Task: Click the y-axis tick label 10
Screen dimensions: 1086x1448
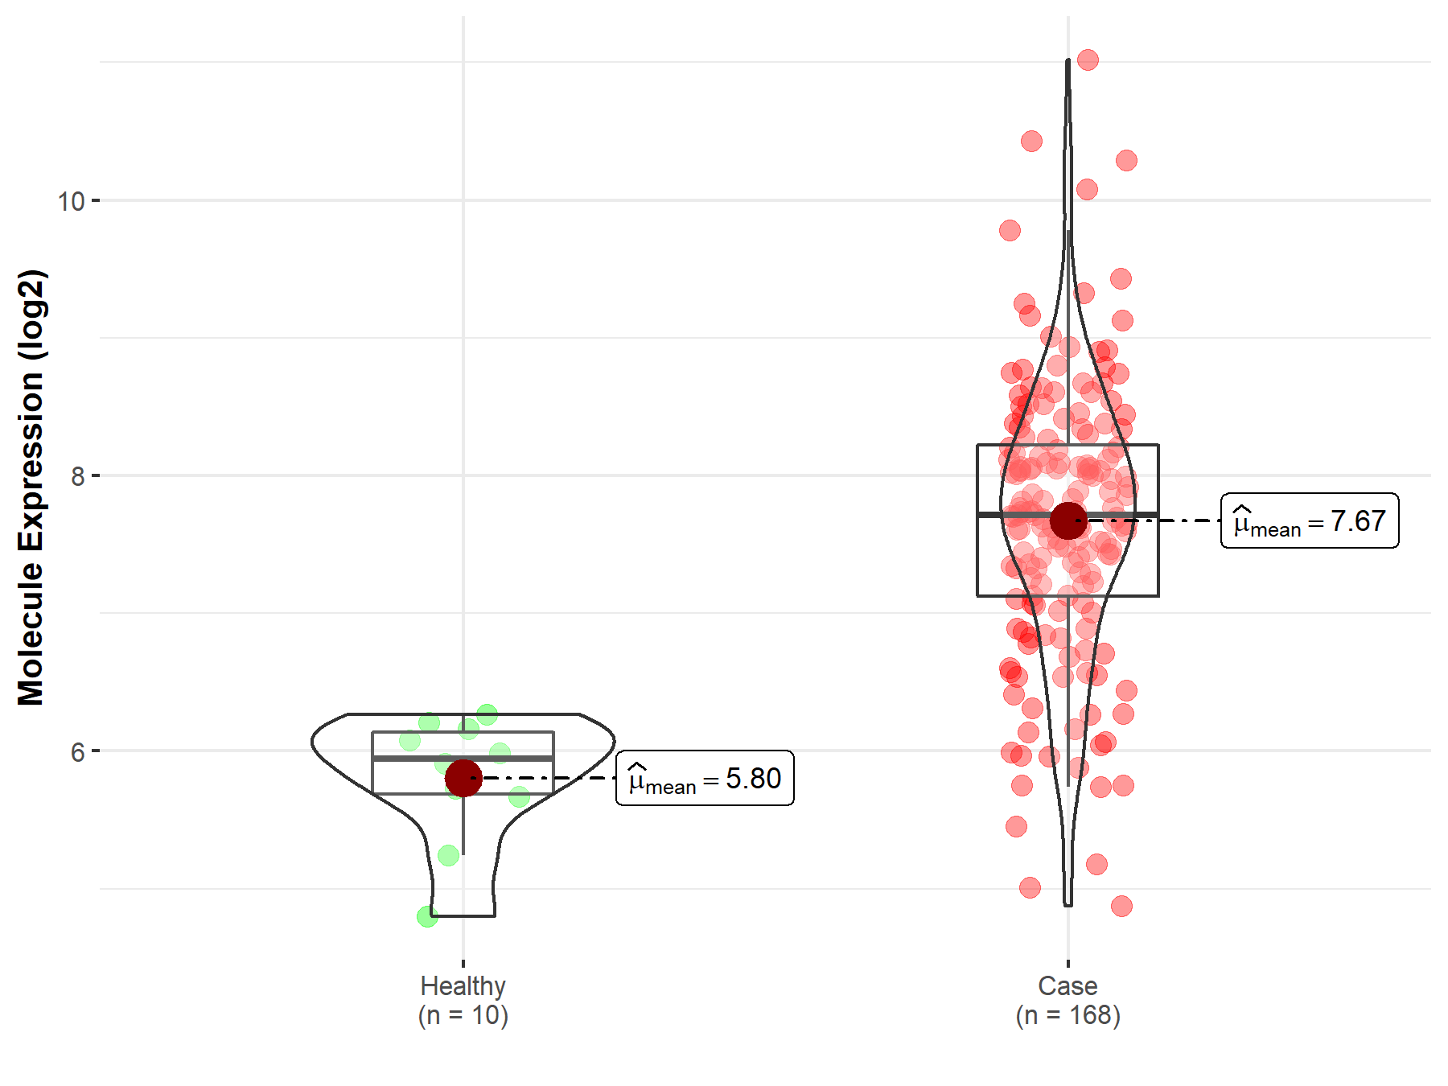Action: pyautogui.click(x=71, y=201)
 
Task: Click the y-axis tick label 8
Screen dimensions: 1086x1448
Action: pyautogui.click(x=77, y=476)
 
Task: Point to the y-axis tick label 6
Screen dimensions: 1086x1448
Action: pyautogui.click(x=77, y=752)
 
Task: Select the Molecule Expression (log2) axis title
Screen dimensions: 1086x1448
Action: pyautogui.click(x=31, y=487)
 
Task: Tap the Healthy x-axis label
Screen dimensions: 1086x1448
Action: pyautogui.click(x=463, y=985)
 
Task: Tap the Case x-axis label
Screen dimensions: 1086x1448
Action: pyautogui.click(x=1067, y=985)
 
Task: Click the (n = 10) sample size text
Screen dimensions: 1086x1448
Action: pyautogui.click(x=463, y=1015)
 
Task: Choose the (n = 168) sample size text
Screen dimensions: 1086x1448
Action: pyautogui.click(x=1067, y=1015)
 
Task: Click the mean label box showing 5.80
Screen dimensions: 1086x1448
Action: pyautogui.click(x=705, y=778)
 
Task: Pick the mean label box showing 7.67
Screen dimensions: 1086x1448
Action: pyautogui.click(x=1310, y=521)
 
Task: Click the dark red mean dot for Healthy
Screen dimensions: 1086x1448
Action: pyautogui.click(x=463, y=778)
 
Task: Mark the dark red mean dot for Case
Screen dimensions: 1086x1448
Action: pyautogui.click(x=1068, y=520)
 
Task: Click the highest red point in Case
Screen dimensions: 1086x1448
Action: pyautogui.click(x=1088, y=60)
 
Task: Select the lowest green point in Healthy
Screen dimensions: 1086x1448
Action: pyautogui.click(x=427, y=916)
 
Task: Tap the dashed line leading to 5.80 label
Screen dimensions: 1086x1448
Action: pyautogui.click(x=555, y=778)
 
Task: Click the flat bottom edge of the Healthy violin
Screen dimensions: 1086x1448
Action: pyautogui.click(x=463, y=916)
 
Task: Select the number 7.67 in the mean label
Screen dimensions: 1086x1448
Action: pyautogui.click(x=1358, y=521)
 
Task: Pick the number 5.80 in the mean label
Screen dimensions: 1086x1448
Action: pyautogui.click(x=753, y=778)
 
